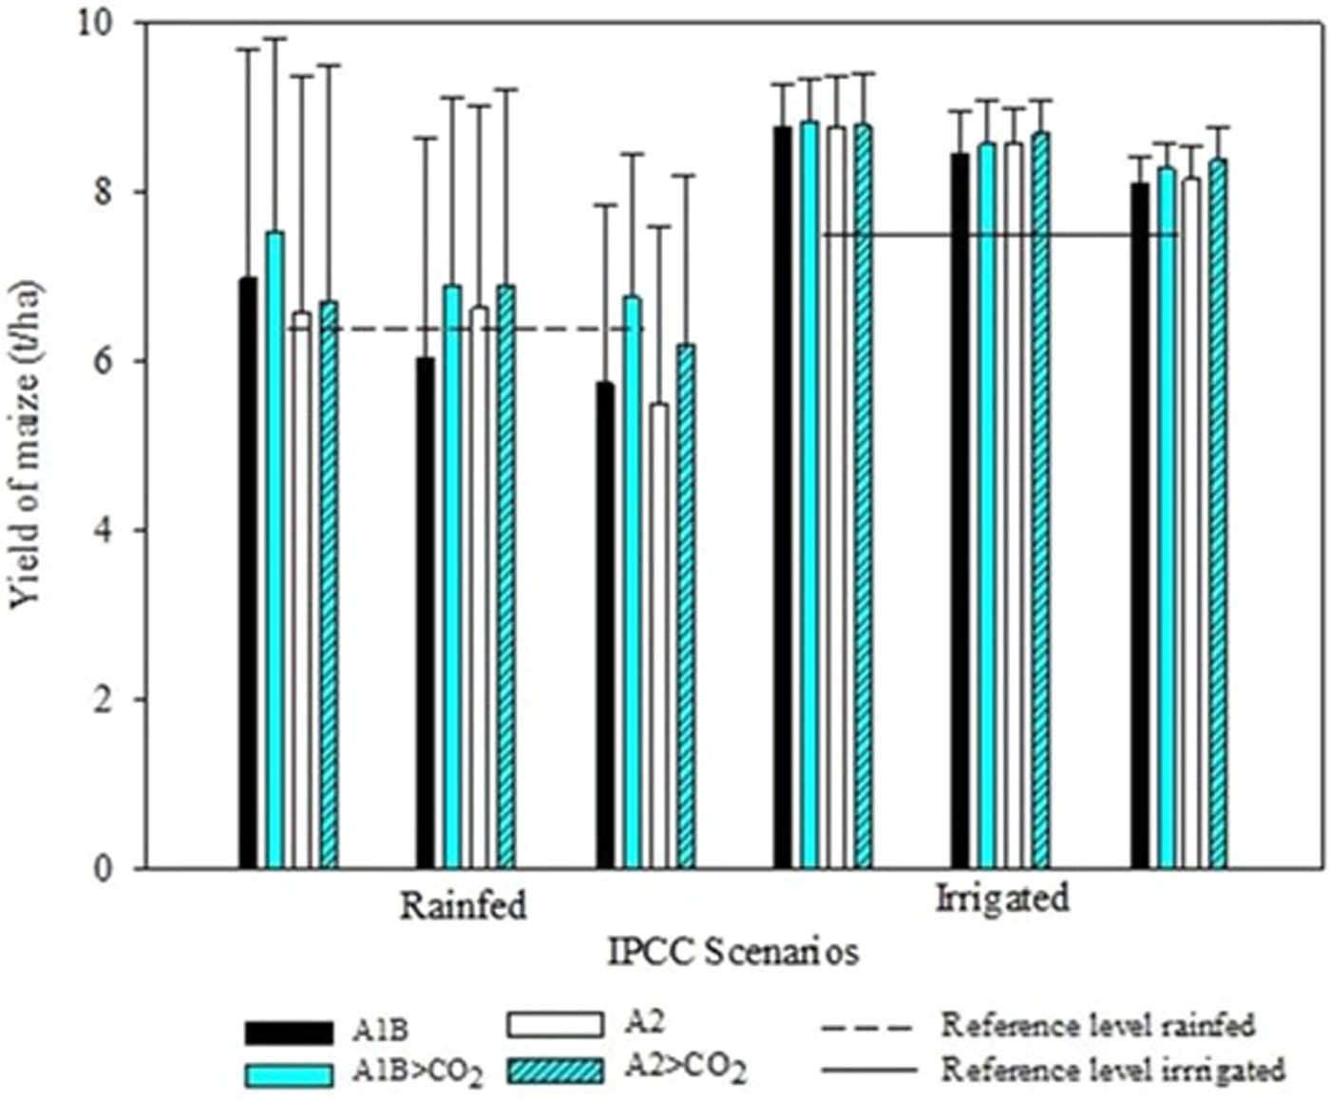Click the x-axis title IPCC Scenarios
[x=733, y=952]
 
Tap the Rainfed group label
[x=463, y=905]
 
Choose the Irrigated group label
[x=1002, y=898]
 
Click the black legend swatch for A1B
[x=289, y=1032]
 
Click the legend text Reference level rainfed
[x=1098, y=1026]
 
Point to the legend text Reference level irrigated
[x=1112, y=1070]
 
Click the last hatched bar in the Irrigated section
[x=1218, y=513]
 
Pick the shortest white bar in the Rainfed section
[x=658, y=635]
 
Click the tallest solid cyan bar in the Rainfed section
[x=275, y=550]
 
